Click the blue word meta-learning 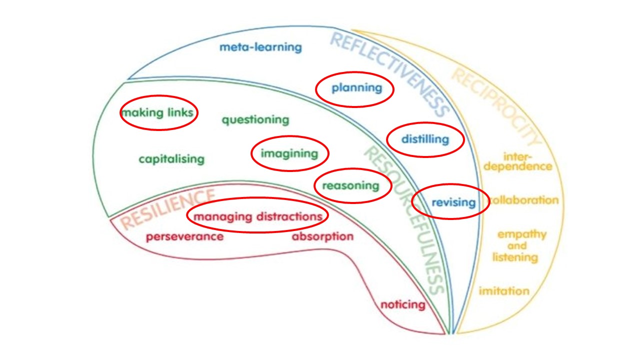(x=260, y=47)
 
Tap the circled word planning (x=356, y=88)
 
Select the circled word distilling (x=425, y=139)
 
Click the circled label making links (x=157, y=112)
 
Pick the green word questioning (x=255, y=120)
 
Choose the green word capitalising (x=171, y=159)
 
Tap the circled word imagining (x=289, y=153)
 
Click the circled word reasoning (x=350, y=185)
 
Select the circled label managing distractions (x=257, y=216)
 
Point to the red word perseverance (x=184, y=236)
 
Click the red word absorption (x=322, y=236)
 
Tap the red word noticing (x=402, y=304)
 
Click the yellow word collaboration (x=523, y=200)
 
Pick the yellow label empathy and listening (x=516, y=246)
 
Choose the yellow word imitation (x=504, y=291)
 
